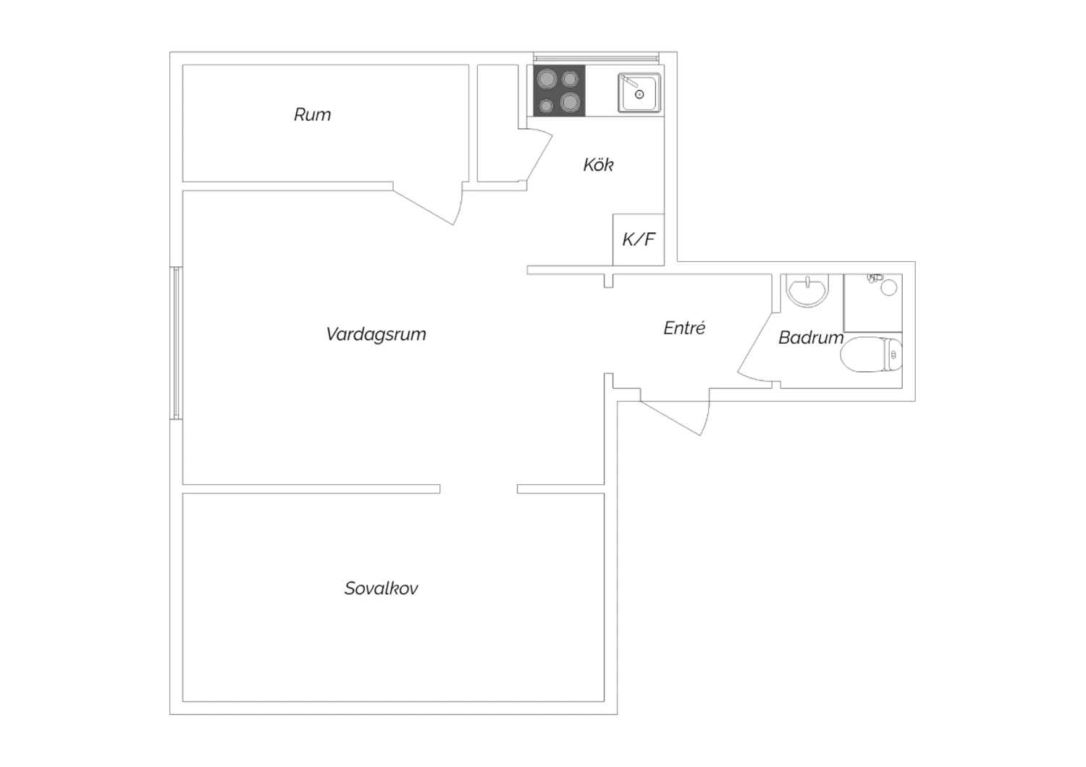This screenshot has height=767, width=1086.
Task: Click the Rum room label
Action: (312, 115)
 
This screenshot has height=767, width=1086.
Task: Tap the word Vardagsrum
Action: (376, 335)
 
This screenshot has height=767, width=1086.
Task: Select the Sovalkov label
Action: (381, 588)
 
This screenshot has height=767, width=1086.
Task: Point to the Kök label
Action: (598, 165)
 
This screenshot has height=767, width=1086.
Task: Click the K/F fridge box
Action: (639, 240)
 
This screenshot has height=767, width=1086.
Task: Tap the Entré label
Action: (684, 328)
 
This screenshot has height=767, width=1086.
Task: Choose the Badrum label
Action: (811, 338)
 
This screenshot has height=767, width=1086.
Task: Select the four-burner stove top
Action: (559, 90)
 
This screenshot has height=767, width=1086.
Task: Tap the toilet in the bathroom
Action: (871, 354)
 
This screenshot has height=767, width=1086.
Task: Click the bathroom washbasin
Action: (807, 290)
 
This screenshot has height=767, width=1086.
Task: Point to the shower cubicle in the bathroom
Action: (873, 303)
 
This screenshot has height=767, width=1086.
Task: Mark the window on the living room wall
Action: (176, 343)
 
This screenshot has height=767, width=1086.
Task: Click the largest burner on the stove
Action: (547, 79)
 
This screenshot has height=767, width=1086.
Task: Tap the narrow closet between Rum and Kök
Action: (498, 123)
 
